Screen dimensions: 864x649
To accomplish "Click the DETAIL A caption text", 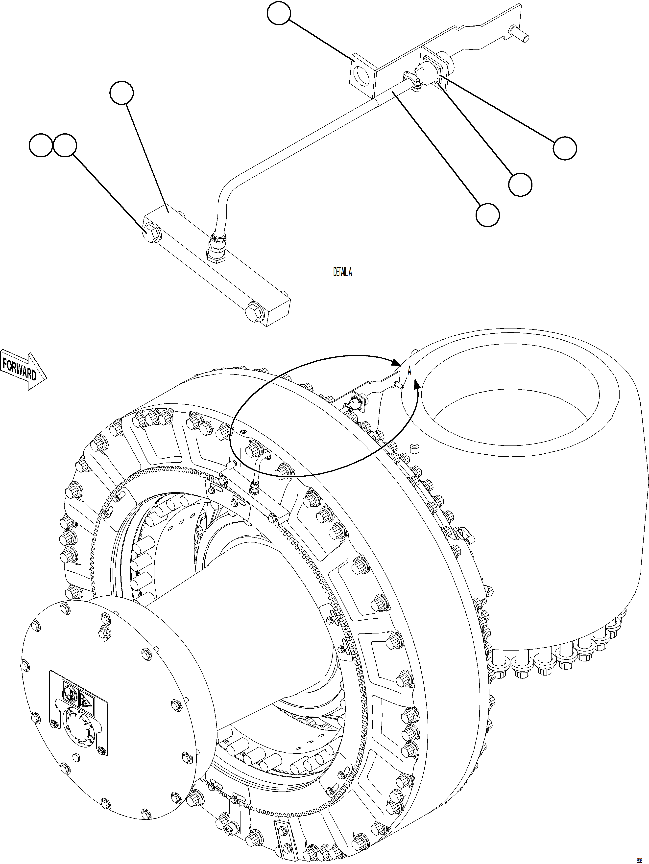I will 342,272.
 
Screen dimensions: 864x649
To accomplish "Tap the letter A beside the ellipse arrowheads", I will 409,371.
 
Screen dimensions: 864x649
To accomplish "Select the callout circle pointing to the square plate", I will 279,14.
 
